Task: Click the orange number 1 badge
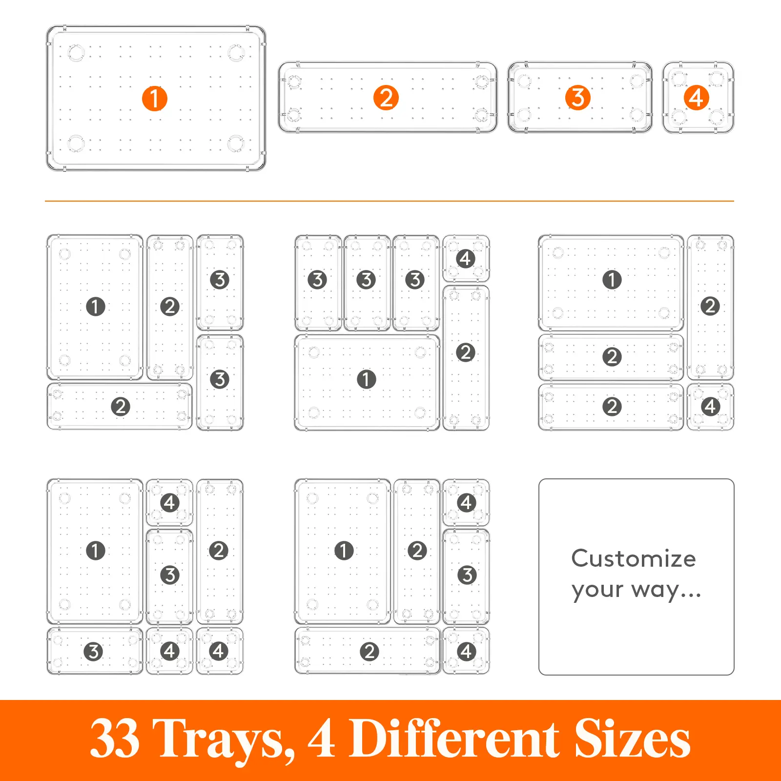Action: click(x=154, y=99)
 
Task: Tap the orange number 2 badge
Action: click(x=386, y=98)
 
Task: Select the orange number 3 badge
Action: click(x=577, y=98)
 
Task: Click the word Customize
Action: click(x=634, y=558)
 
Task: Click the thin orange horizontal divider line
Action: click(x=390, y=201)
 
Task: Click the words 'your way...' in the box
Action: click(x=636, y=590)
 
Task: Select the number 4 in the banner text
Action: click(x=321, y=739)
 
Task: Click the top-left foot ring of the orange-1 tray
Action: click(x=76, y=53)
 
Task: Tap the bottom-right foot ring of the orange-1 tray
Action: click(x=235, y=144)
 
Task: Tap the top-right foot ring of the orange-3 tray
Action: click(x=637, y=81)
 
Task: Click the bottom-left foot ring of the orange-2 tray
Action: click(x=294, y=115)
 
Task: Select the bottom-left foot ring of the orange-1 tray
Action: click(x=76, y=144)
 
